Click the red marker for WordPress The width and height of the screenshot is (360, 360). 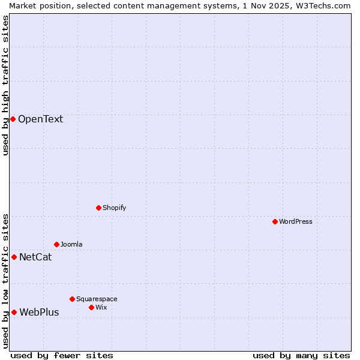tap(275, 221)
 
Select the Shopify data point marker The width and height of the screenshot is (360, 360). tap(98, 208)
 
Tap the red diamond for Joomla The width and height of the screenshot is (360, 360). tap(56, 244)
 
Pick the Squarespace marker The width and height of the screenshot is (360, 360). tap(72, 299)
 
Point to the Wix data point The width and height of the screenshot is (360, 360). tap(91, 307)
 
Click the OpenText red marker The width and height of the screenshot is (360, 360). tap(13, 119)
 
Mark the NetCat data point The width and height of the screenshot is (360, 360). tap(14, 257)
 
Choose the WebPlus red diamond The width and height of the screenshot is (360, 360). tap(14, 312)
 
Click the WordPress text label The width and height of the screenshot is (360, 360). tap(296, 221)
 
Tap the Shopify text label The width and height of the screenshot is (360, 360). tap(114, 208)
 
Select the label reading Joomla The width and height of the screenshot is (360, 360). tap(71, 244)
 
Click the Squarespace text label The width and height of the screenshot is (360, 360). tap(97, 299)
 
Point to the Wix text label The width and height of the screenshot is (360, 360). tap(101, 307)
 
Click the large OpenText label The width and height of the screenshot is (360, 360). tap(40, 119)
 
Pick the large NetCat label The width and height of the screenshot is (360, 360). tap(35, 257)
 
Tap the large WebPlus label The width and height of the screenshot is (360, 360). tap(39, 312)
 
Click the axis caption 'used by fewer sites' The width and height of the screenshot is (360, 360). tap(62, 355)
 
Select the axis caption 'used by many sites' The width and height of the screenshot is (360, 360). tap(301, 355)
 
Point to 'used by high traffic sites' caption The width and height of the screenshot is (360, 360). tap(5, 85)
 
